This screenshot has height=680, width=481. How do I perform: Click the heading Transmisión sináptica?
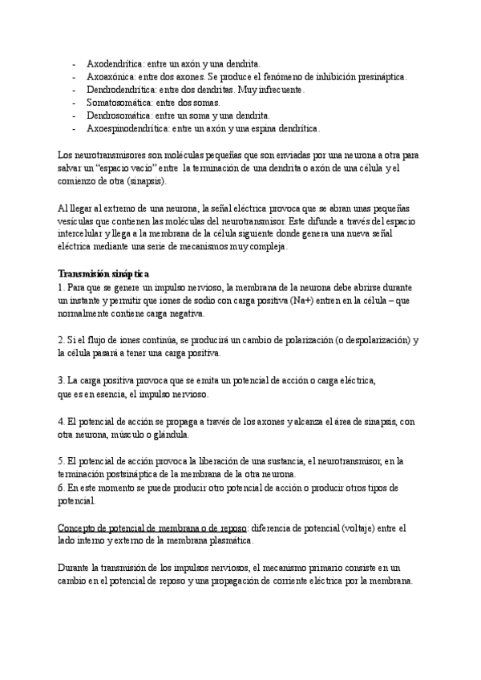tap(103, 274)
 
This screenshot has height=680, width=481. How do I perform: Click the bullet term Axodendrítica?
tap(111, 63)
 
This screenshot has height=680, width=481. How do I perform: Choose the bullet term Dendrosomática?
tap(115, 115)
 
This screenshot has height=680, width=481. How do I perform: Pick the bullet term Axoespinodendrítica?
tap(127, 128)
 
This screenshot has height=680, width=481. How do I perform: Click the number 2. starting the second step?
tap(63, 339)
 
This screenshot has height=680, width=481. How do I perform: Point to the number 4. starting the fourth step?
tap(63, 422)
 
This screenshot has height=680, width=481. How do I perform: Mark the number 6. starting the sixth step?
tap(63, 488)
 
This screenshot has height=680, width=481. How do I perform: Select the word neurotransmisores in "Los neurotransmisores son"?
tap(112, 154)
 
